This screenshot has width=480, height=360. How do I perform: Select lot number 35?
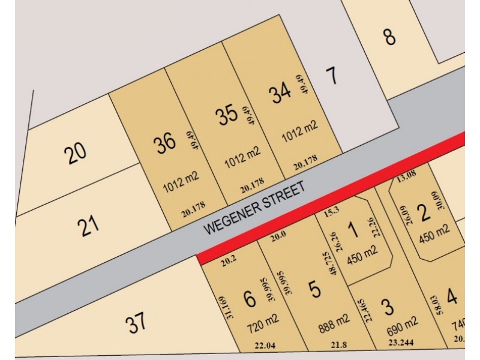tap(227, 115)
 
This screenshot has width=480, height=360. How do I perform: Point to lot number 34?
tap(280, 94)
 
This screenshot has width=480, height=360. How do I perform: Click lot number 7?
tap(331, 76)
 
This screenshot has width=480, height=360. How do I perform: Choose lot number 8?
tap(390, 37)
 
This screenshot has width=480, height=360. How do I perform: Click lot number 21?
tap(88, 227)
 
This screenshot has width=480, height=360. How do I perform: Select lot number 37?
tap(136, 324)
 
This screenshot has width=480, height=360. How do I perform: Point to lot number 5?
tap(314, 290)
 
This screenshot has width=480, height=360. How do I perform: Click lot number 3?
tap(388, 307)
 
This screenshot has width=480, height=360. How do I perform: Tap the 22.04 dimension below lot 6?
tap(265, 344)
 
